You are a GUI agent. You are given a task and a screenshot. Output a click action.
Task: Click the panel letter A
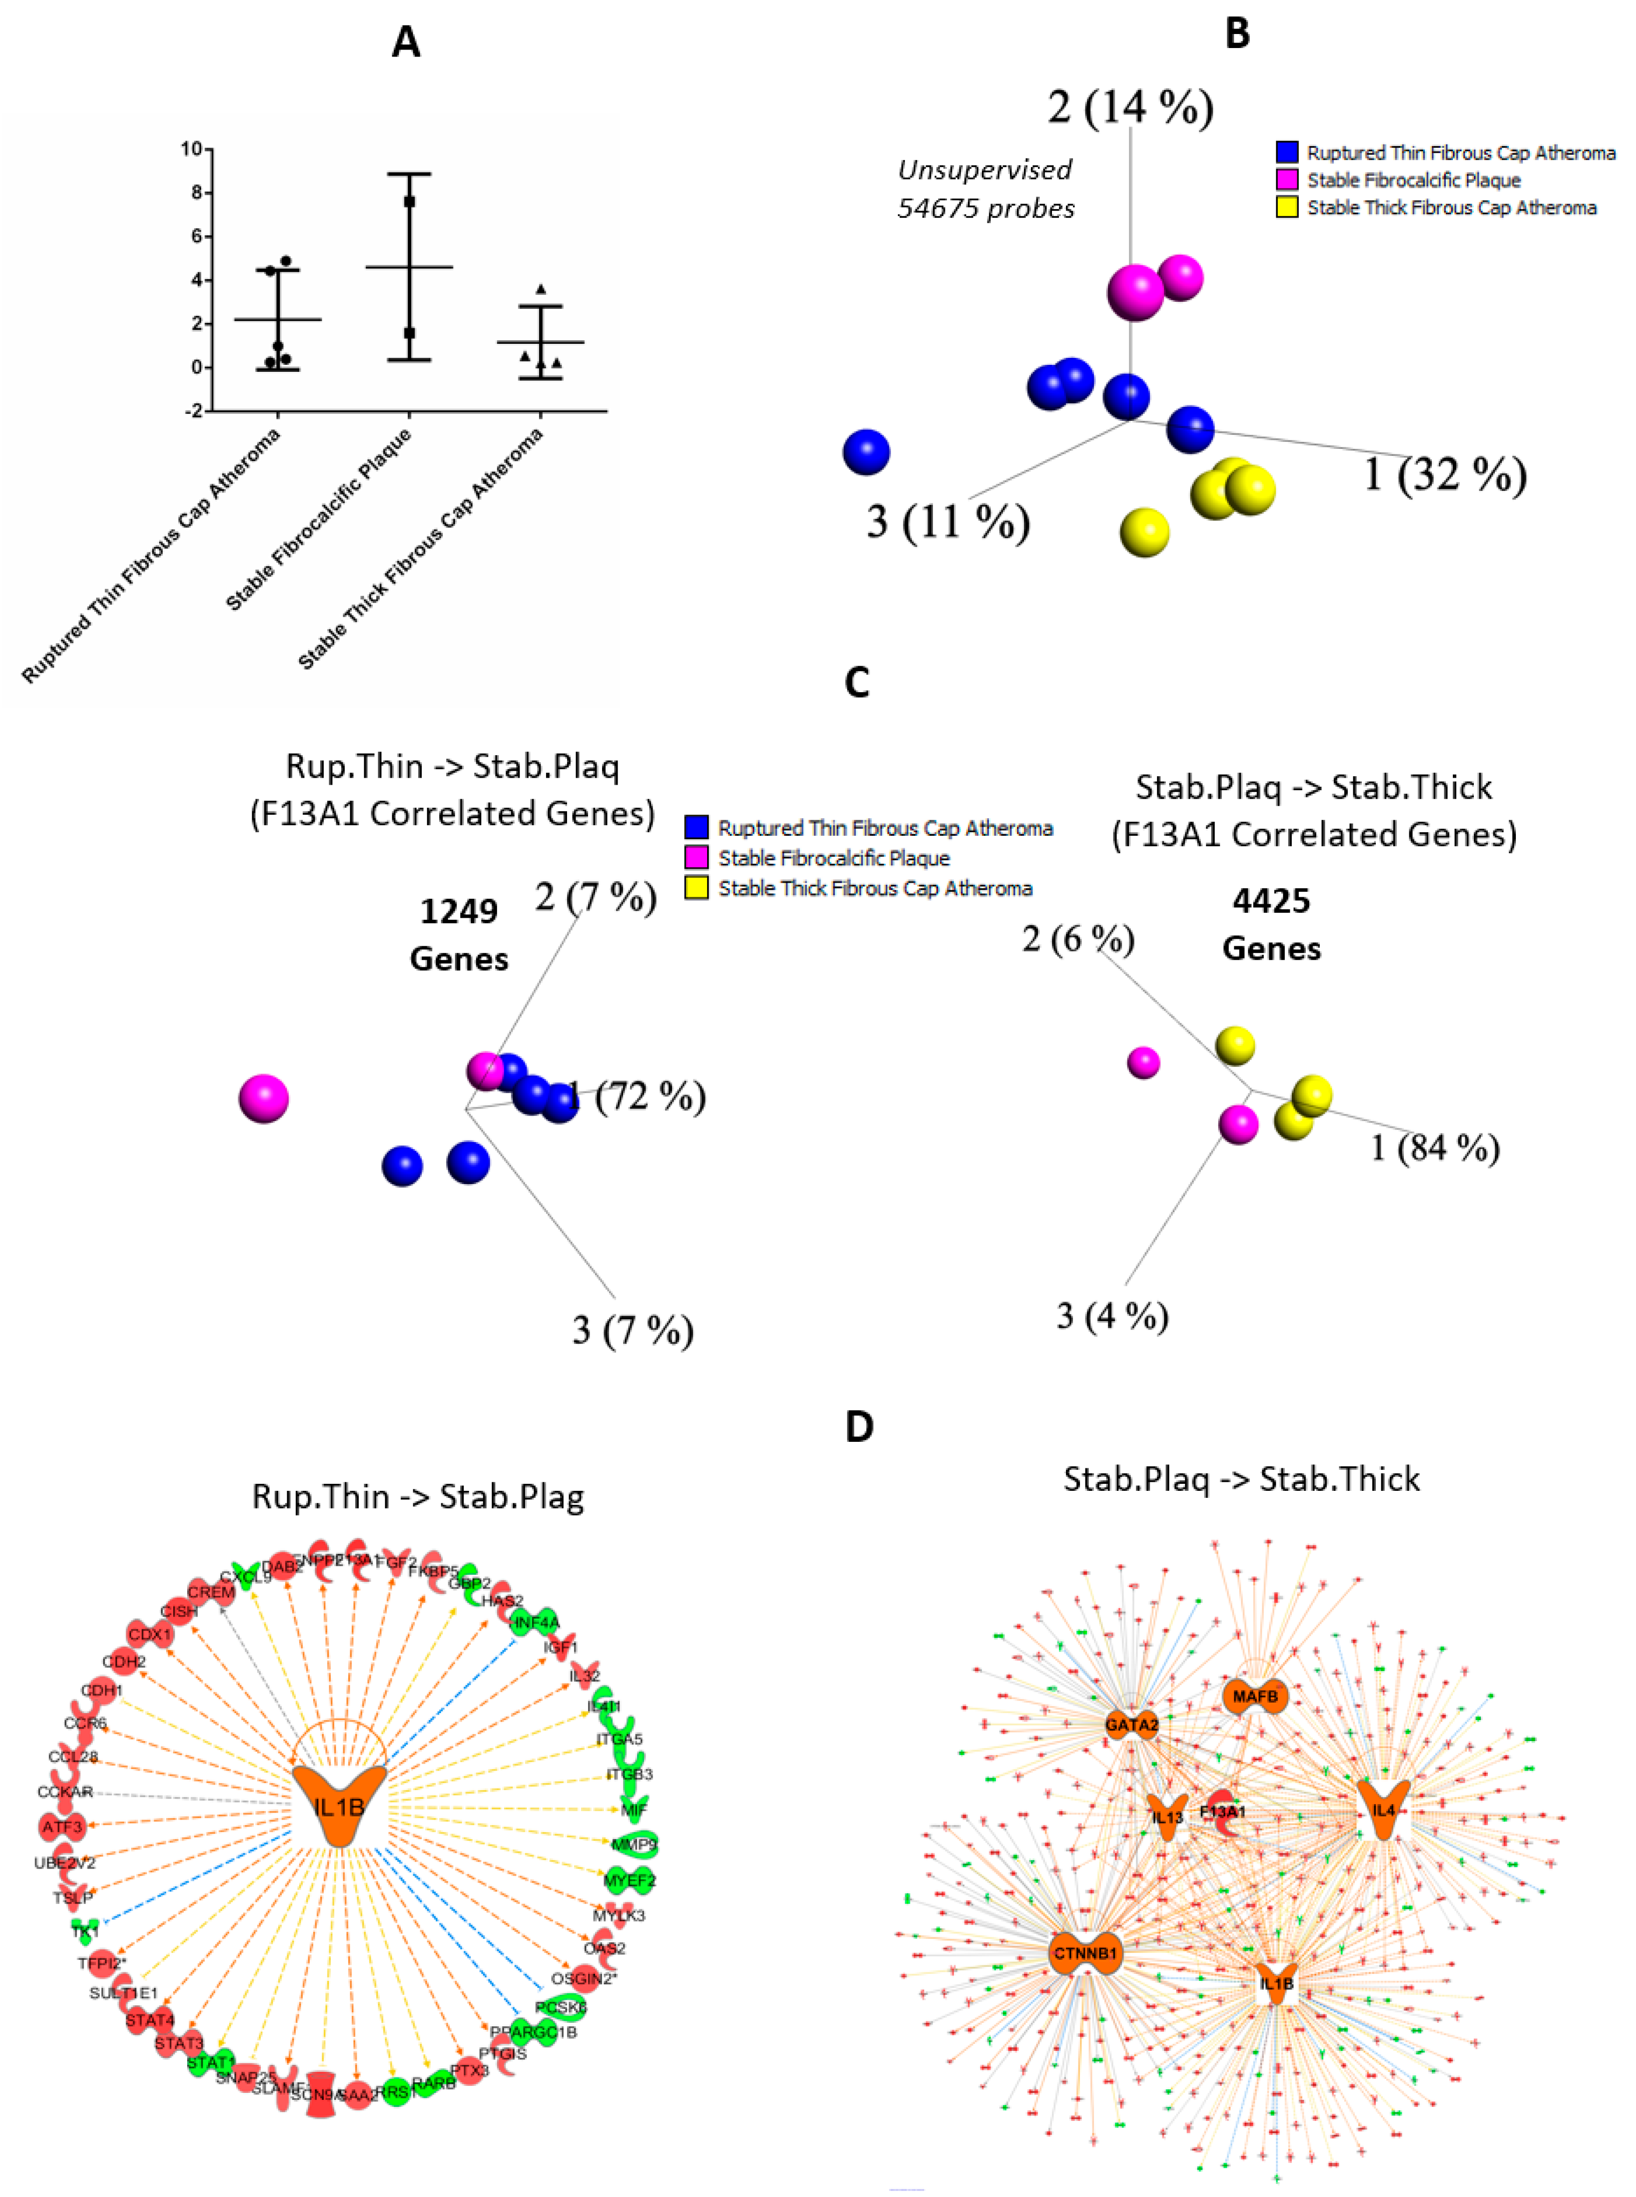coord(406,43)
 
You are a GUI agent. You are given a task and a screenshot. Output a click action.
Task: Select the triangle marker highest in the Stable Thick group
coord(540,289)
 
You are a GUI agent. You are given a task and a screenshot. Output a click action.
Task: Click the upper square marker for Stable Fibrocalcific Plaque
coord(409,202)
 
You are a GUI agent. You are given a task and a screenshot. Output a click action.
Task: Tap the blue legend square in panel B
coord(1286,153)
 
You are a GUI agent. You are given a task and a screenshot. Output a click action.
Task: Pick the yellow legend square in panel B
coord(1286,207)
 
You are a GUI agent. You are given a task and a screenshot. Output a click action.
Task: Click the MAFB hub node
coord(1255,1697)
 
